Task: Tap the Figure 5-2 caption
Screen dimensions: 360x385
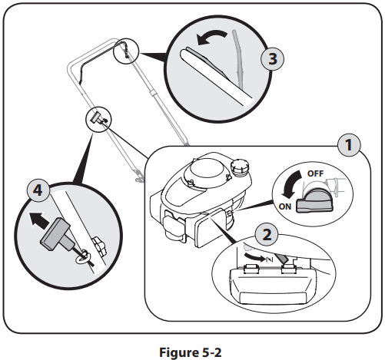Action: click(191, 341)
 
